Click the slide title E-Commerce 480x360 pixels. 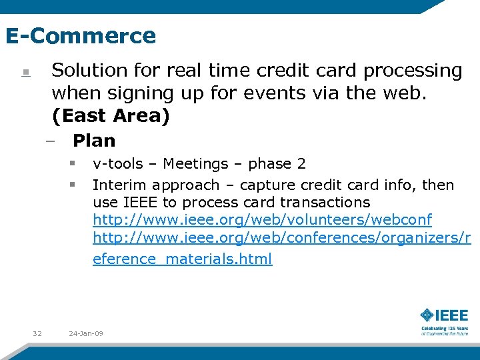pos(80,35)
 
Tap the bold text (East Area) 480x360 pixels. pos(111,116)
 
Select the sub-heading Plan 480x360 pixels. pos(94,141)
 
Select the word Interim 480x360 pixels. pos(118,185)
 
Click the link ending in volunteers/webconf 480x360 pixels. pos(262,220)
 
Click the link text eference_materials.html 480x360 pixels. pos(182,259)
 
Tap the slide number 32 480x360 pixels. pos(37,333)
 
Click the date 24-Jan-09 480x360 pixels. pos(86,333)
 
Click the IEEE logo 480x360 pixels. pos(444,315)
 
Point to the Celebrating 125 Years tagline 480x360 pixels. pos(444,330)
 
